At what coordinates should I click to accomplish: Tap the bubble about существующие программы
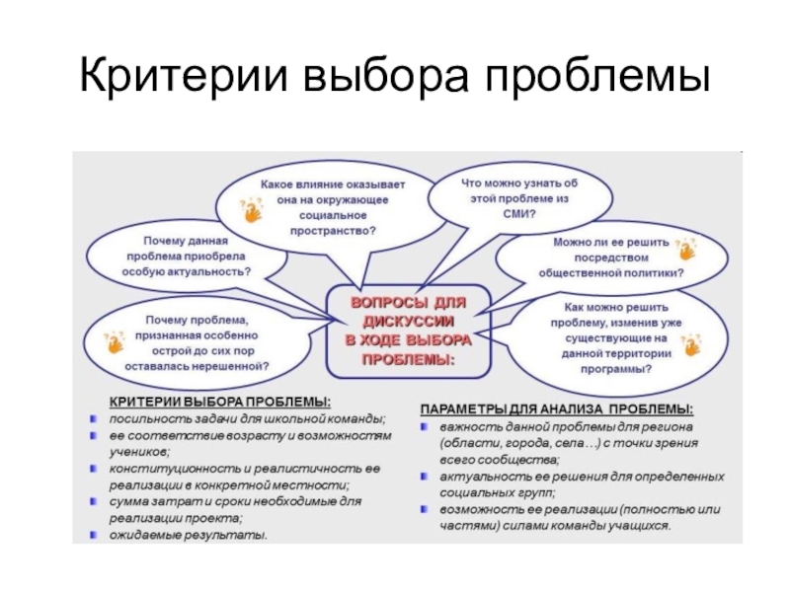pos(622,336)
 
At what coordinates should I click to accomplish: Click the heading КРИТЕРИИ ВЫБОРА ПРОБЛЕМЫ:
pos(219,403)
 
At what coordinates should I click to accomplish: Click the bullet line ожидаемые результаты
pos(188,536)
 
